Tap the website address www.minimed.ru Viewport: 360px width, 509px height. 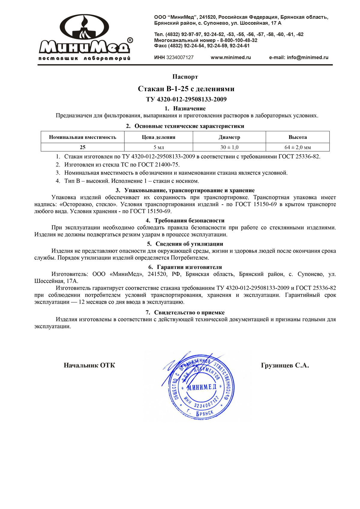pyautogui.click(x=231, y=58)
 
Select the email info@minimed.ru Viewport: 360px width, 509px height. pyautogui.click(x=307, y=58)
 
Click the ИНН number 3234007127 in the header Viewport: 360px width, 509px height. pyautogui.click(x=180, y=58)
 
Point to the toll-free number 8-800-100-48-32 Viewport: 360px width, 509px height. pyautogui.click(x=239, y=40)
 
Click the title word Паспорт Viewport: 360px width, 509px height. pyautogui.click(x=185, y=77)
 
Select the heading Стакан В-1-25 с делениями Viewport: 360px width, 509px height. pyautogui.click(x=186, y=89)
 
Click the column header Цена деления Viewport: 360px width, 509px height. pyautogui.click(x=158, y=137)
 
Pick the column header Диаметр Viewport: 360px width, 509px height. pyautogui.click(x=229, y=137)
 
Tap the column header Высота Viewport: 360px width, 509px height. pyautogui.click(x=298, y=137)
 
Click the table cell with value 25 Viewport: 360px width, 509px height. pyautogui.click(x=82, y=147)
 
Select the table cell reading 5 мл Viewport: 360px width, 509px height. pyautogui.click(x=159, y=147)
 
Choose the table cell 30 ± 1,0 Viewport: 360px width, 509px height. pyautogui.click(x=229, y=147)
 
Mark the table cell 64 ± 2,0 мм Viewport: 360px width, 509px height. pyautogui.click(x=298, y=147)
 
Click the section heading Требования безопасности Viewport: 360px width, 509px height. pyautogui.click(x=189, y=220)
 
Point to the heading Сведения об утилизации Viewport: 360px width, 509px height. pyautogui.click(x=189, y=244)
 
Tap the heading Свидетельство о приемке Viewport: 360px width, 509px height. pyautogui.click(x=189, y=313)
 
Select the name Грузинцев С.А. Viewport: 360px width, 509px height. pyautogui.click(x=285, y=365)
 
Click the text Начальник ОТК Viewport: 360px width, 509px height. pyautogui.click(x=89, y=365)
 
